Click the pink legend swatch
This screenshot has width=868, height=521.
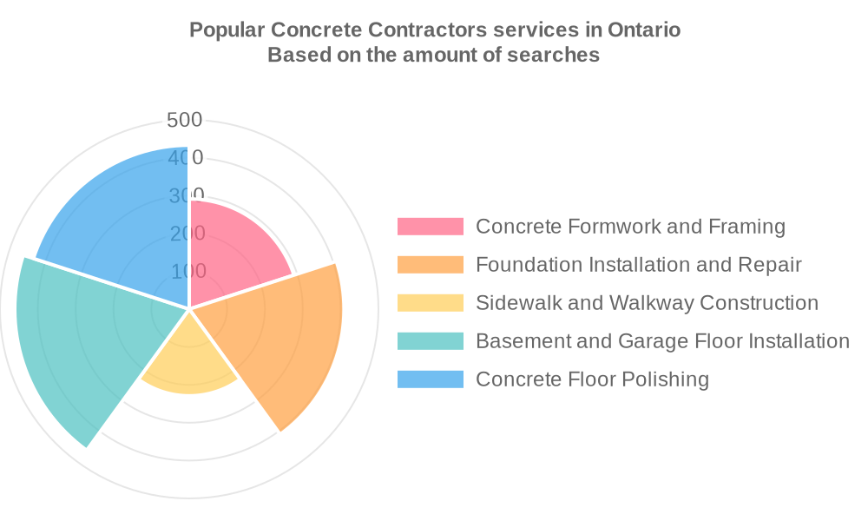(x=431, y=227)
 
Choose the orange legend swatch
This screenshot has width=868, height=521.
(x=431, y=265)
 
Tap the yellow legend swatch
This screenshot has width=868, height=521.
(x=431, y=303)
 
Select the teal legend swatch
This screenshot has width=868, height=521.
(x=431, y=341)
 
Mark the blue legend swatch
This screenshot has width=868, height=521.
(x=431, y=379)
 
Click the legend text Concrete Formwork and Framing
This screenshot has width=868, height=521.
(x=630, y=227)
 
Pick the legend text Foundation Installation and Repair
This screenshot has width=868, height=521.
(x=638, y=265)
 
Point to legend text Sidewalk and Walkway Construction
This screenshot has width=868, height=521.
(x=647, y=303)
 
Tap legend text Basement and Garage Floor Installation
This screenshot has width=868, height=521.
(x=662, y=341)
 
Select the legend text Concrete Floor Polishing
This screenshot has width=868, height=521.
(x=592, y=379)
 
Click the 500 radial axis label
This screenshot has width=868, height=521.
(x=185, y=120)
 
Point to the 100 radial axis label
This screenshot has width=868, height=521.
(x=188, y=271)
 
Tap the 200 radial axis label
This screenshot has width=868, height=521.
(x=188, y=234)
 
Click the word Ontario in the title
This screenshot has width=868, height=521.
(x=643, y=30)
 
